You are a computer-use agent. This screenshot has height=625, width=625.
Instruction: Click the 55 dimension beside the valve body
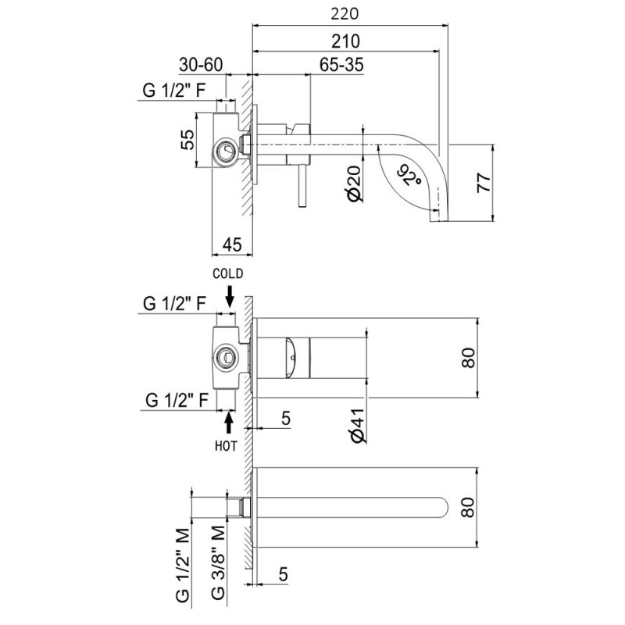coord(187,141)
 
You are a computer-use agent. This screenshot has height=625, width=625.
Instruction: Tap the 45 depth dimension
coord(231,245)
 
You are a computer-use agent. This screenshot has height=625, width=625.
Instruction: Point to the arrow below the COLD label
coord(230,295)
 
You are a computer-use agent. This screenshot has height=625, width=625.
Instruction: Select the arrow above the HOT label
coord(230,421)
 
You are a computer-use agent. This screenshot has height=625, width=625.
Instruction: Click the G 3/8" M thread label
coord(220,562)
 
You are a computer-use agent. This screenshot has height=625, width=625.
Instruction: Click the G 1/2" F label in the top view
coord(175,91)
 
